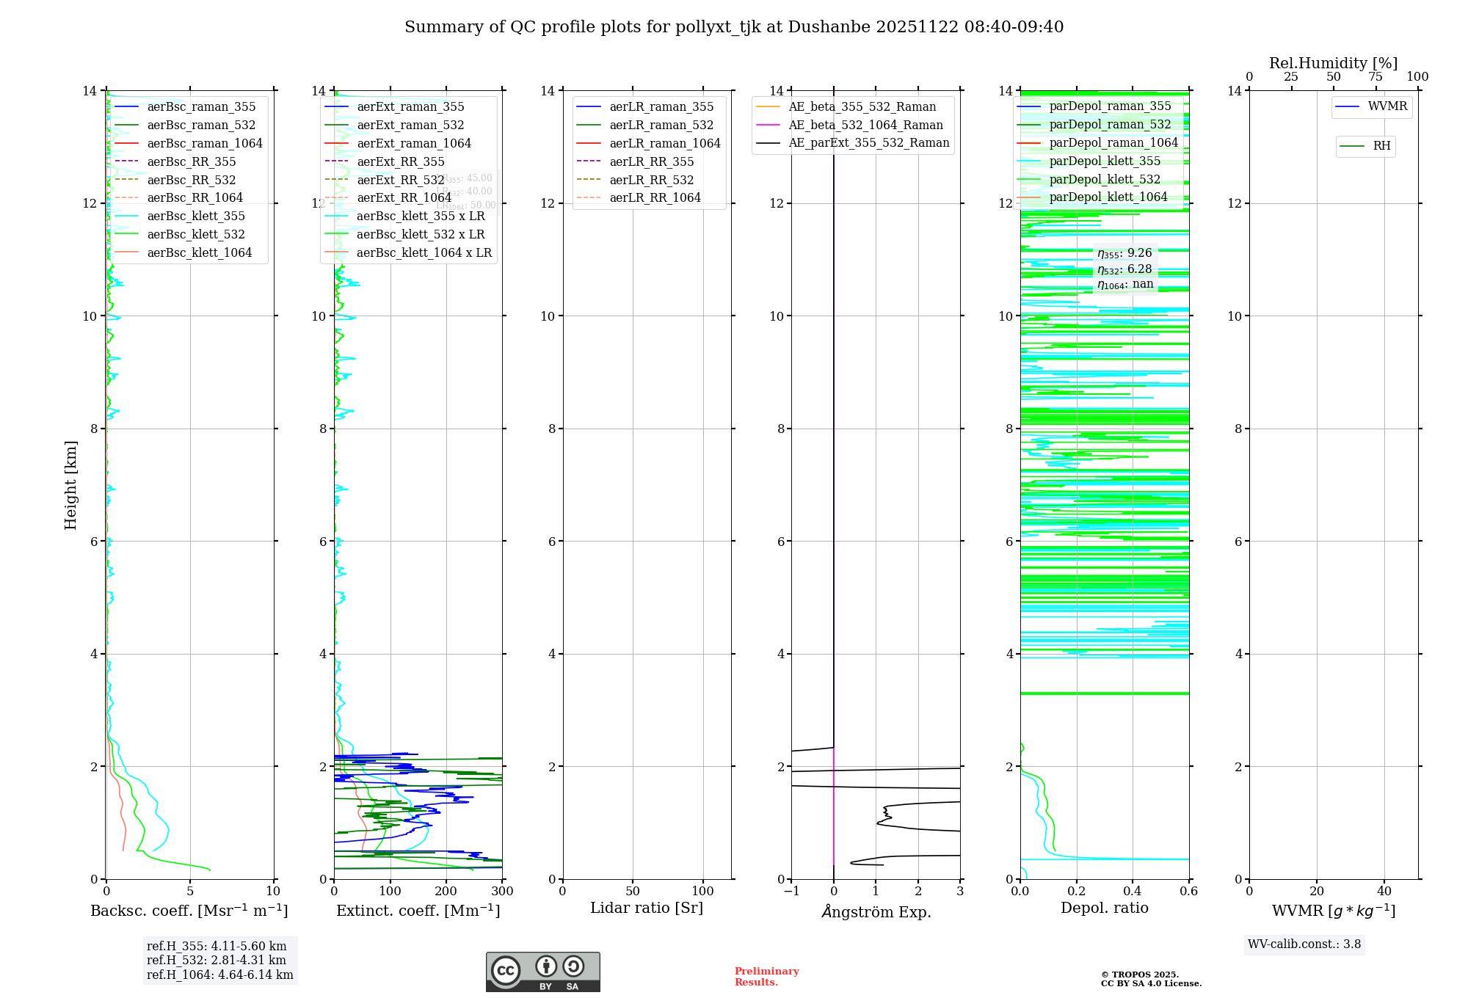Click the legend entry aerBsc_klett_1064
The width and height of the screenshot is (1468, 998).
(x=199, y=252)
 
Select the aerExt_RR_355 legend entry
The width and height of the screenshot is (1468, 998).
(x=400, y=161)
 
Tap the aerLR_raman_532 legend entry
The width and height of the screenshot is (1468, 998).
(x=661, y=125)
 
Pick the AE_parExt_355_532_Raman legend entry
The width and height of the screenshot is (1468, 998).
(x=868, y=142)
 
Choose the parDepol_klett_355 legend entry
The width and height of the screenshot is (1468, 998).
(x=1104, y=161)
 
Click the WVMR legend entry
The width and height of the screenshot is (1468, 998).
(x=1387, y=106)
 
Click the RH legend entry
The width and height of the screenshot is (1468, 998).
(x=1381, y=146)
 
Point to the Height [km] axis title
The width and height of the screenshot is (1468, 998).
(x=70, y=484)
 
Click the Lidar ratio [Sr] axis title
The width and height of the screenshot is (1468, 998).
(x=646, y=908)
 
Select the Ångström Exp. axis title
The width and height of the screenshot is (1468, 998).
(x=876, y=911)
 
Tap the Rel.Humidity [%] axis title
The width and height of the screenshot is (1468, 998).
(x=1333, y=63)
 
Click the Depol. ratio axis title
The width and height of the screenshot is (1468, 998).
(x=1104, y=908)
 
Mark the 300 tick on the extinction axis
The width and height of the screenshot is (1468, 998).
(x=502, y=892)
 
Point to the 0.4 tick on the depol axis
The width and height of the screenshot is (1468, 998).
(x=1133, y=892)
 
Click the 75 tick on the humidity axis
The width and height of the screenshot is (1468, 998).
(x=1375, y=77)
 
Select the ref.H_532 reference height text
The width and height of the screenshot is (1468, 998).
(x=216, y=960)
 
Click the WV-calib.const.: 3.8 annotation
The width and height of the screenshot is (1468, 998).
(x=1304, y=944)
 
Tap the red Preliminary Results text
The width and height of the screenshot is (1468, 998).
(x=766, y=976)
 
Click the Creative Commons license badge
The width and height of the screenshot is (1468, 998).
(x=542, y=972)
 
